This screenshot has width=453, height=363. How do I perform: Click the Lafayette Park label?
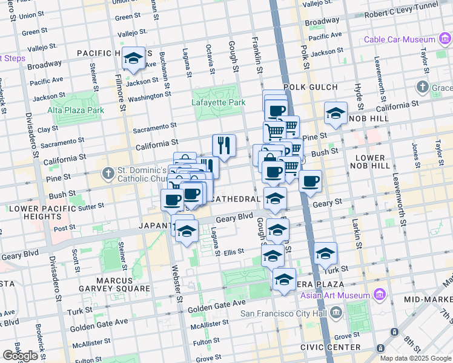tap(219, 102)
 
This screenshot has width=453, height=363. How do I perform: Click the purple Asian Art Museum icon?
tap(380, 295)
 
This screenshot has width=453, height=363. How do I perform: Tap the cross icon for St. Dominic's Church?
tap(108, 174)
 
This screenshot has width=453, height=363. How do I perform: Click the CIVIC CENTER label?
tap(331, 347)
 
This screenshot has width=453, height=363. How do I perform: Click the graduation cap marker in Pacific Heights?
tap(133, 59)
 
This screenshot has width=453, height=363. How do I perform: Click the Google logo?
tap(20, 356)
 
